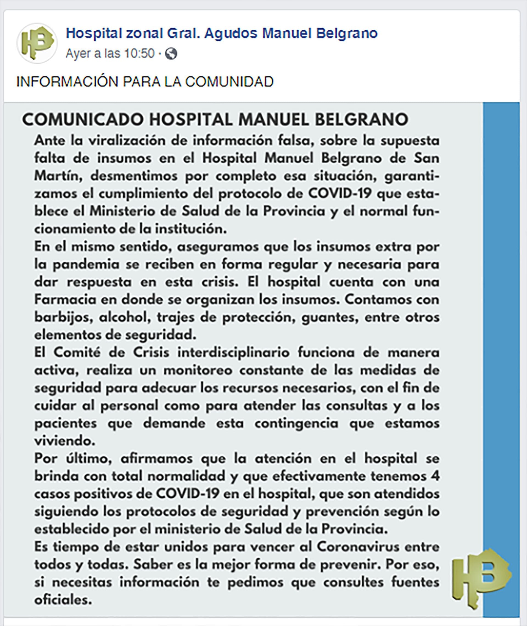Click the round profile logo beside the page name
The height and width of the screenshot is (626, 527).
point(37,44)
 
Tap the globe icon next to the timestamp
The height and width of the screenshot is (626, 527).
point(171,54)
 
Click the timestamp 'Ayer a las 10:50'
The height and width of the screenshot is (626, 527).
point(110,54)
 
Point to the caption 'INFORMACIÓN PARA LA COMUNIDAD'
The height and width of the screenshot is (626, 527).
point(145,82)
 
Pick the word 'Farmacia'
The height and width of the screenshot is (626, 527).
point(65,300)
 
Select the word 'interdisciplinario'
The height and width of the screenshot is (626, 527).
point(233,353)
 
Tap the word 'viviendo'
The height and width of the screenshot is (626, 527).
point(65,441)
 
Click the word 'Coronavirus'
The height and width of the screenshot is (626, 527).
point(358,547)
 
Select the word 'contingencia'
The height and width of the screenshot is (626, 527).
point(296,423)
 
